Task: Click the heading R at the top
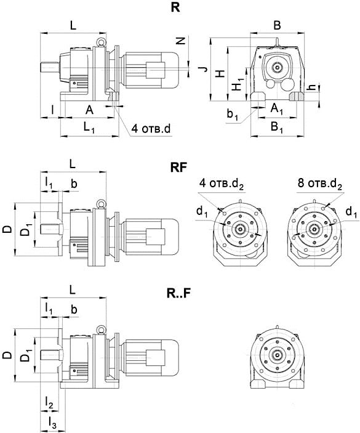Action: click(x=175, y=7)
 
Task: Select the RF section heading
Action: click(x=178, y=168)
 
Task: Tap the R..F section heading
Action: click(x=178, y=294)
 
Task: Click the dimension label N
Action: click(x=181, y=41)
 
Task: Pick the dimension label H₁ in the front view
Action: click(x=238, y=84)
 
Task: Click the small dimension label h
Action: click(x=312, y=87)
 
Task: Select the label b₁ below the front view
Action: click(x=232, y=114)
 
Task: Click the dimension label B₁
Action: click(x=277, y=127)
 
